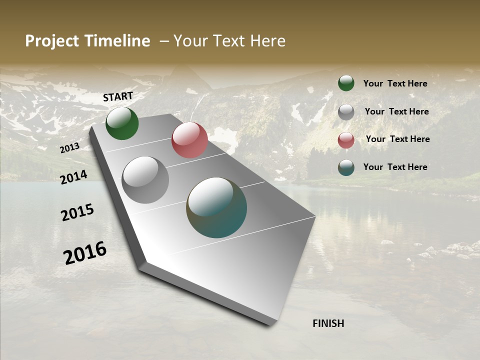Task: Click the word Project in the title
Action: tap(52, 41)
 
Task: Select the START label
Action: tap(118, 96)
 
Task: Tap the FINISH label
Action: tap(328, 323)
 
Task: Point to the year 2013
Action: tap(70, 147)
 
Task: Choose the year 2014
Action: tap(74, 177)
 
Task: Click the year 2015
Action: tap(77, 212)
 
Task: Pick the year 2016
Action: tap(85, 252)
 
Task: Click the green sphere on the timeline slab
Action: tap(122, 123)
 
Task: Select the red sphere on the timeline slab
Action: tap(189, 140)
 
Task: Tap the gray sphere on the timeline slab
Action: tap(145, 180)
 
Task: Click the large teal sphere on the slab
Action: tap(216, 207)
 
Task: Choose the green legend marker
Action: tap(346, 83)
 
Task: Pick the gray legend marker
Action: tap(346, 112)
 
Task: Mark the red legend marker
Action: tap(346, 140)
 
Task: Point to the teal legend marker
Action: tap(346, 167)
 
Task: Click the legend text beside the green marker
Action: tap(395, 83)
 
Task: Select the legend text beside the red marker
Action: tap(397, 139)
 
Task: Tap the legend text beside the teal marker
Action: tap(395, 167)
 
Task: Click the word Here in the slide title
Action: tap(268, 41)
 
